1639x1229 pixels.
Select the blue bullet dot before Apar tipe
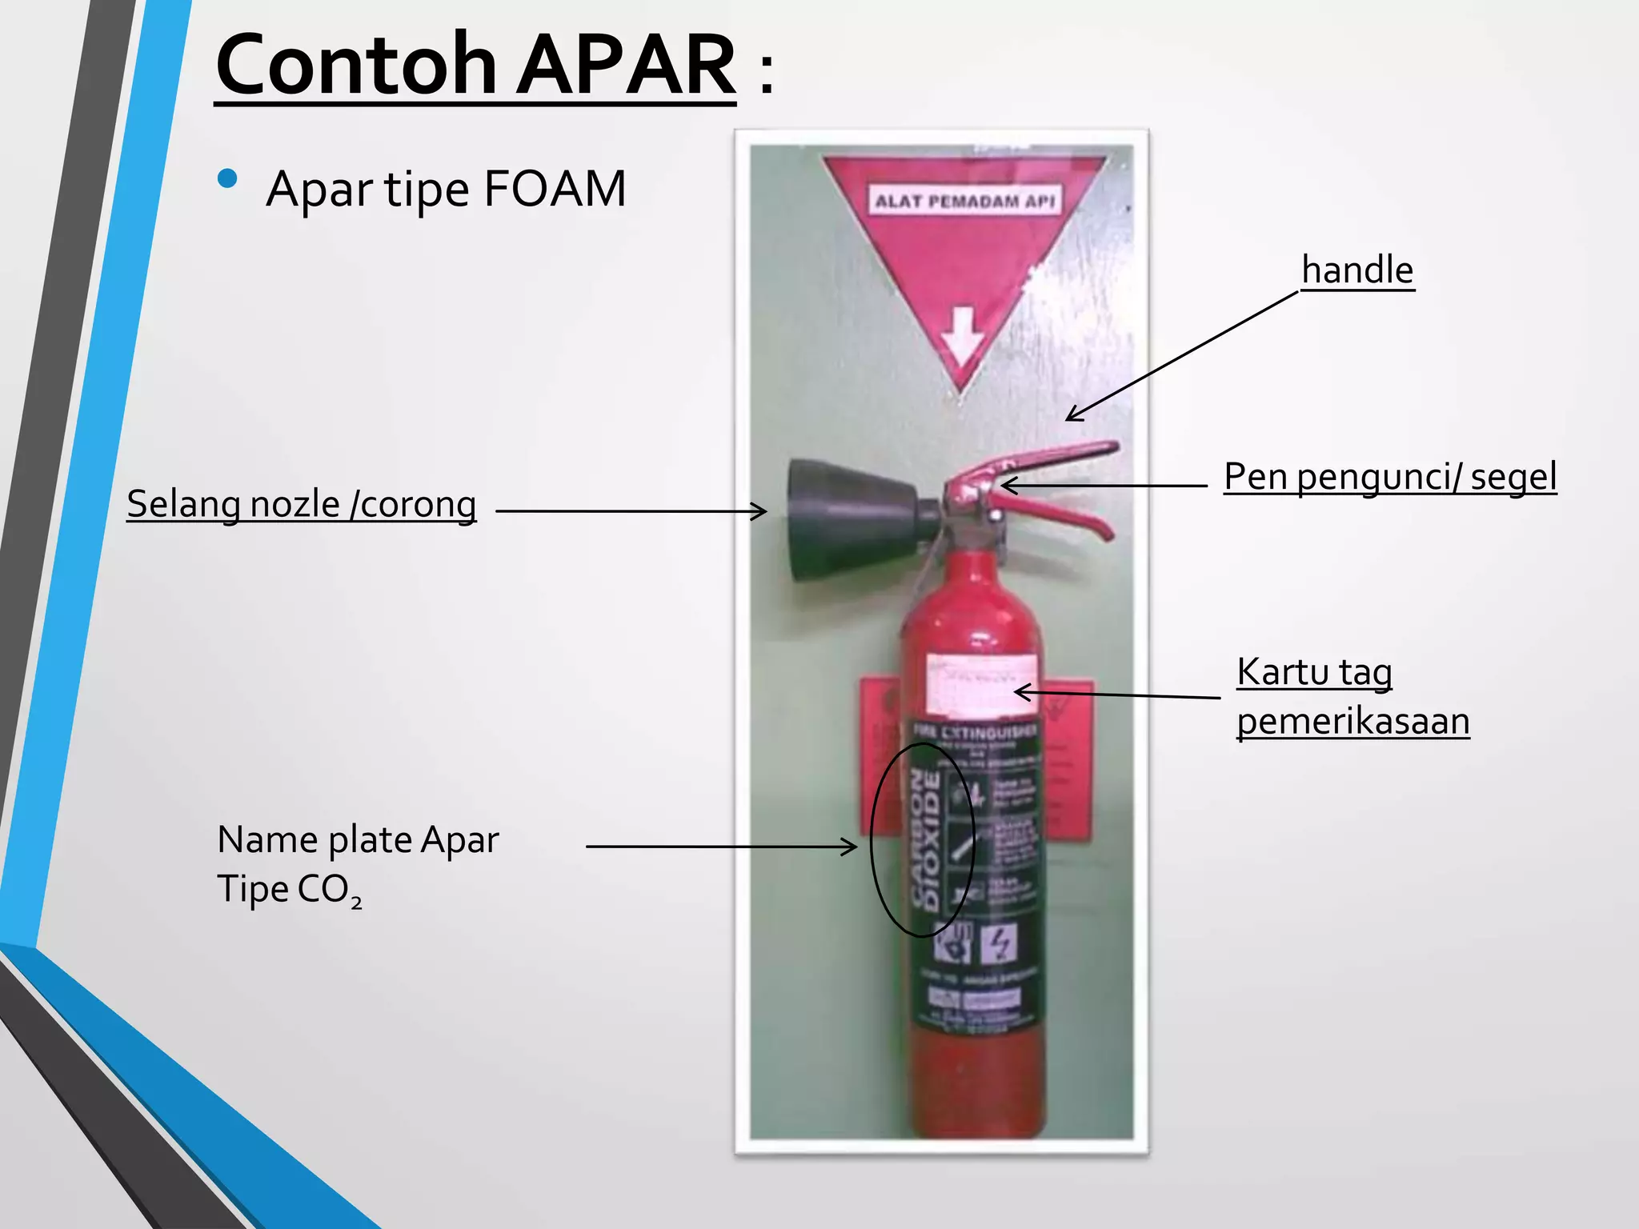(227, 178)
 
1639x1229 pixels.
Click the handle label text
(1357, 270)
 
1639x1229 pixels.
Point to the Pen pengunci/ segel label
(1390, 477)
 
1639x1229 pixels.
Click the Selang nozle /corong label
(302, 505)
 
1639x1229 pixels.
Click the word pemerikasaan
(1352, 722)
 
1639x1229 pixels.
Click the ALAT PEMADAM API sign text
(964, 200)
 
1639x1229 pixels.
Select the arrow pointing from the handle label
(1180, 356)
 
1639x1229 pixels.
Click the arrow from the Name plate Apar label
(720, 846)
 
